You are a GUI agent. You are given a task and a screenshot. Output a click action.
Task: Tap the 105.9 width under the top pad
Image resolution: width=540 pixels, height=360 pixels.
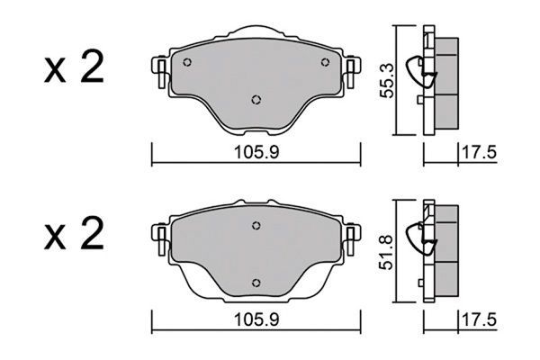[255, 154]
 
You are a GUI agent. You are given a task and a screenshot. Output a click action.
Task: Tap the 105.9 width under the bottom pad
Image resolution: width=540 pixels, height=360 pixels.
[255, 318]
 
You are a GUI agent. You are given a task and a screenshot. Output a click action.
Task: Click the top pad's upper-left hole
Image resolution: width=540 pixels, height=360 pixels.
[187, 63]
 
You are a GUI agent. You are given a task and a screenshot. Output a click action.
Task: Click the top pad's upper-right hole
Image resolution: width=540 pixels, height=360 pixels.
[324, 63]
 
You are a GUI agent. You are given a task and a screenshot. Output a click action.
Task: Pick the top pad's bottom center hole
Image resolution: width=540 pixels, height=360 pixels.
[256, 100]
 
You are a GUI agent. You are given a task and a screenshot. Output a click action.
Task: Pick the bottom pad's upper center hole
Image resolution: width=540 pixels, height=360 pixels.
[256, 226]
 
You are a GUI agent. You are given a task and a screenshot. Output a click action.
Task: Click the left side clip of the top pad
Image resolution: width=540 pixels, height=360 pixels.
[158, 69]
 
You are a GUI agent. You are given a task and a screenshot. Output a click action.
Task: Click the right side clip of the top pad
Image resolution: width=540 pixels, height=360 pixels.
[353, 69]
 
